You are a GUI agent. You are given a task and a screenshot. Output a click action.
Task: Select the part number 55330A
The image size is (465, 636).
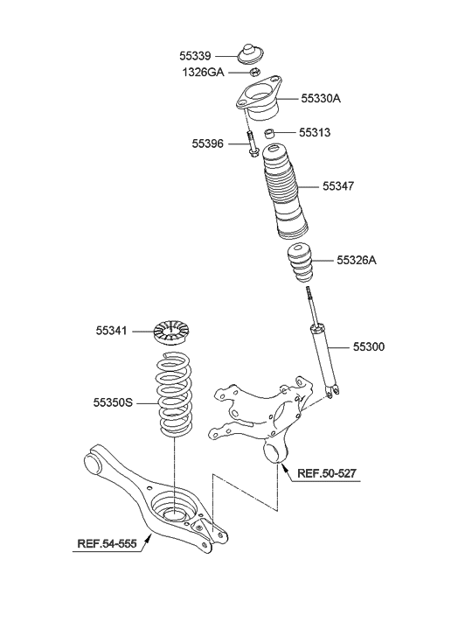tap(321, 99)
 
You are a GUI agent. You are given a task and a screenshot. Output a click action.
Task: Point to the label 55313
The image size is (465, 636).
tap(316, 133)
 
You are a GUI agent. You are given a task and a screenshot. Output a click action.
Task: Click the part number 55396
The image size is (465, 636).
tap(210, 142)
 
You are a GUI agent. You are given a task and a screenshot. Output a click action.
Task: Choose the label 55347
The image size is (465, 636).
tap(339, 186)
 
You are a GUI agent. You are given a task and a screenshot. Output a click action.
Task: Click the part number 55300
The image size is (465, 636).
tap(369, 347)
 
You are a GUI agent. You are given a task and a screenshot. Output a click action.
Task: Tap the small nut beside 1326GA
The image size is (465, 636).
tap(258, 73)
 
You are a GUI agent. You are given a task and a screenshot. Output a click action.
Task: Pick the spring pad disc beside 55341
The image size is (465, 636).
tap(171, 332)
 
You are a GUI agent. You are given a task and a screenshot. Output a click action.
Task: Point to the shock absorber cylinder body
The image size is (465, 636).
tap(323, 356)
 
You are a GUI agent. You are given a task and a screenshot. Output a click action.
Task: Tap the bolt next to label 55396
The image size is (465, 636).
tap(251, 144)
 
